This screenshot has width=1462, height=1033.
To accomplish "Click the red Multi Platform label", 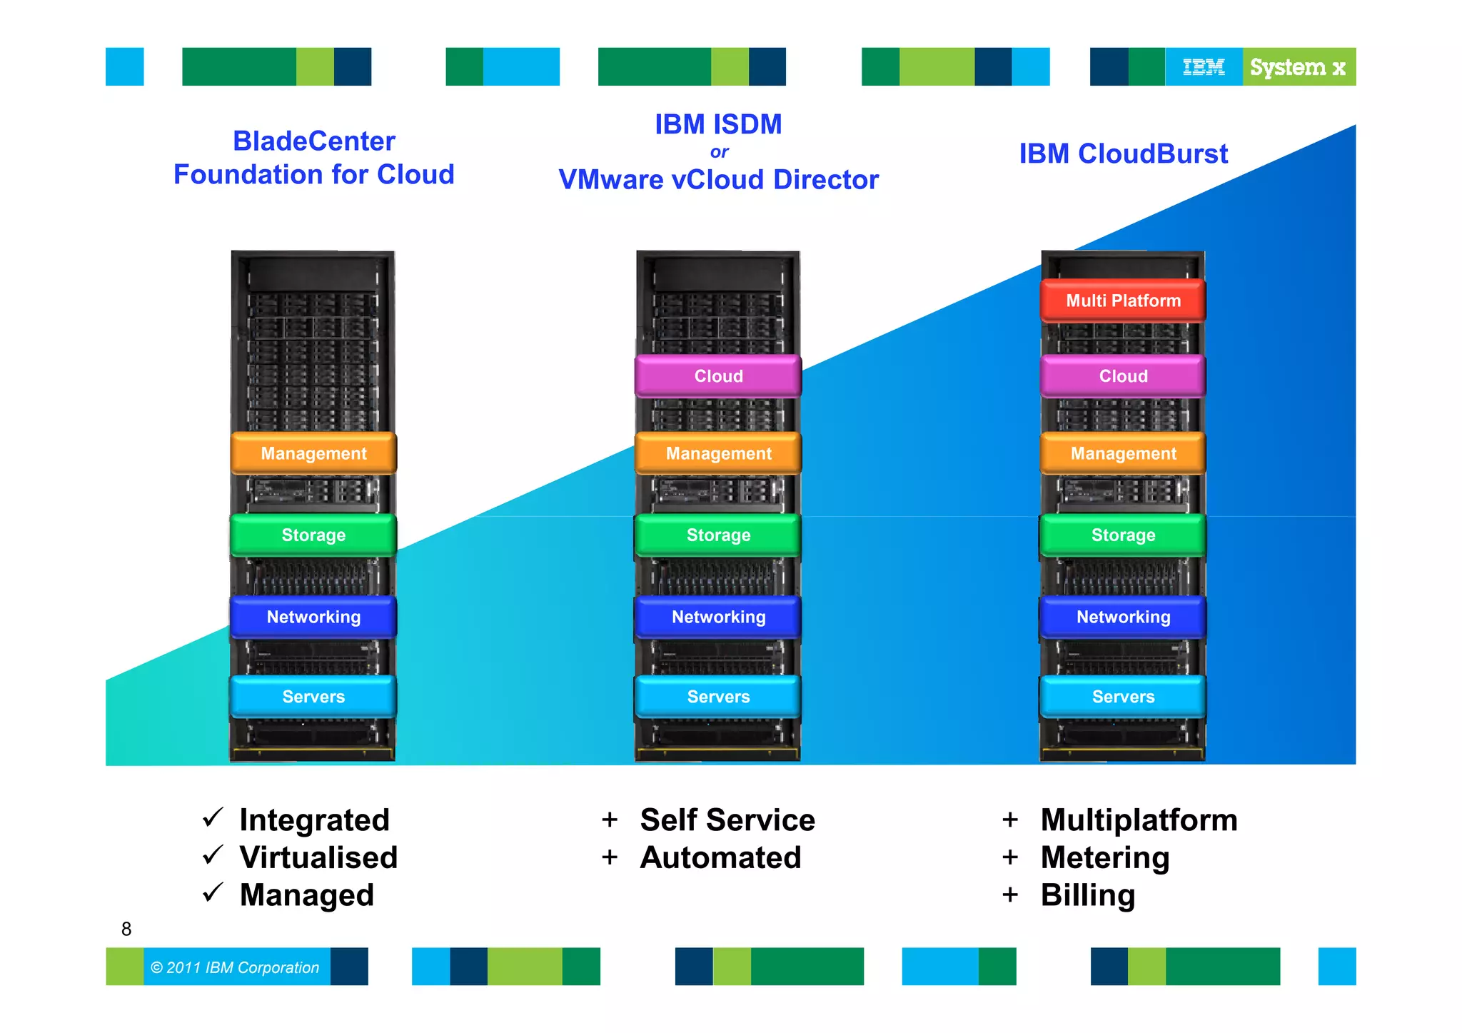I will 1123,301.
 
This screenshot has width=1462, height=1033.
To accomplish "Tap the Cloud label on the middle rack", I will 718,376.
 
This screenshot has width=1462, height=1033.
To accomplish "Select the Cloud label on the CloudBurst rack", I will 1123,376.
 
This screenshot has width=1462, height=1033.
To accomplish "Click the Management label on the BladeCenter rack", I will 313,453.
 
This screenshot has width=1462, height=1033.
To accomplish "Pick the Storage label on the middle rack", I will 718,535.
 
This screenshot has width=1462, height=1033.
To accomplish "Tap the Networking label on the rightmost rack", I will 1123,617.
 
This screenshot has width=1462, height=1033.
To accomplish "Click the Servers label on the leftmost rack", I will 313,697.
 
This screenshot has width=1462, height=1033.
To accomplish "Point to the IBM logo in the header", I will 1204,67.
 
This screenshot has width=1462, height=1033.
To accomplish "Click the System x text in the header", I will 1297,67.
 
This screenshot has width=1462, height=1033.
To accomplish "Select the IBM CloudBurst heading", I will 1123,153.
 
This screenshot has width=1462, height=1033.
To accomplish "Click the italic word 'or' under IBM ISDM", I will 719,152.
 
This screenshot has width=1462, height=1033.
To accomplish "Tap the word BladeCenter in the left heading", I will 313,141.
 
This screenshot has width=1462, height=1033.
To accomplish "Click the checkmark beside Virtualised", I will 213,855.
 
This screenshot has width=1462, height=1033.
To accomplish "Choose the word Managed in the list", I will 307,895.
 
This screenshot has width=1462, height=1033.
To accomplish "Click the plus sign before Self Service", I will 610,820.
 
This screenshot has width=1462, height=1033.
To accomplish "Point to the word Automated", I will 720,857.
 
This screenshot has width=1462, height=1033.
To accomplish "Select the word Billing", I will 1087,895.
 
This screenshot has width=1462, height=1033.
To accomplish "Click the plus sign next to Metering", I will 1009,857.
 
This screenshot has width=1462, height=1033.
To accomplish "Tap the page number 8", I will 126,929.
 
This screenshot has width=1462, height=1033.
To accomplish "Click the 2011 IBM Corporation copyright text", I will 236,967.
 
